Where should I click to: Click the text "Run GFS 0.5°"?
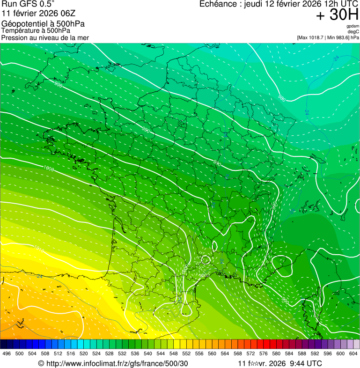28,4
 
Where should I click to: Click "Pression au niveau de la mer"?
45,37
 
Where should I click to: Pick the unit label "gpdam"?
353,26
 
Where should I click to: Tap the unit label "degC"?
353,31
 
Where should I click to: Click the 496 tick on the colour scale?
7,353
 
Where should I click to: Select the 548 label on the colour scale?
173,353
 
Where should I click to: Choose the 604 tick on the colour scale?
353,353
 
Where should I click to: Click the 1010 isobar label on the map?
39,251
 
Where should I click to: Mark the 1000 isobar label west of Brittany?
48,168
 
